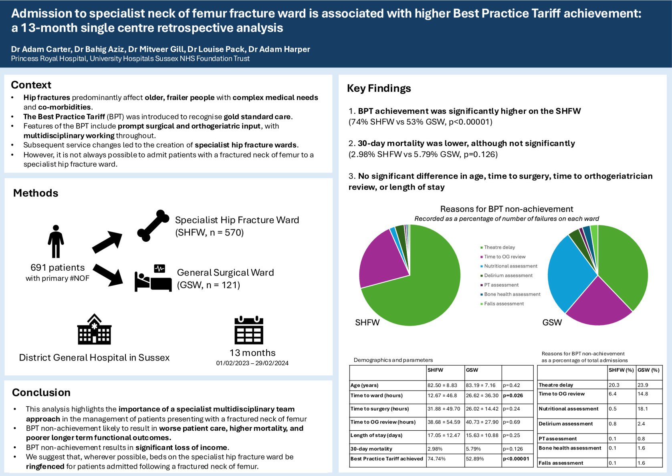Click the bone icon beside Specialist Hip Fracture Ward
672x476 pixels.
153,226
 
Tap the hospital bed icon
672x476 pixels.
153,278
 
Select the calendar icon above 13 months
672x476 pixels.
249,330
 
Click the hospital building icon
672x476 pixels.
94,330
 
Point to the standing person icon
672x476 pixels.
56,241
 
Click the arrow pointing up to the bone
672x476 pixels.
107,242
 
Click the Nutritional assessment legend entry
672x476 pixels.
511,266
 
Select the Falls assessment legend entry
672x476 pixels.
504,304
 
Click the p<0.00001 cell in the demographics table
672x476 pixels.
516,459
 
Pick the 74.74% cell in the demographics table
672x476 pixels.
436,459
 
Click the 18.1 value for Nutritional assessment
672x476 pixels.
643,409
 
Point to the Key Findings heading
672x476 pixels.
379,88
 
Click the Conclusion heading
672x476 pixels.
41,393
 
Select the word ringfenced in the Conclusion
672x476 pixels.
45,466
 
